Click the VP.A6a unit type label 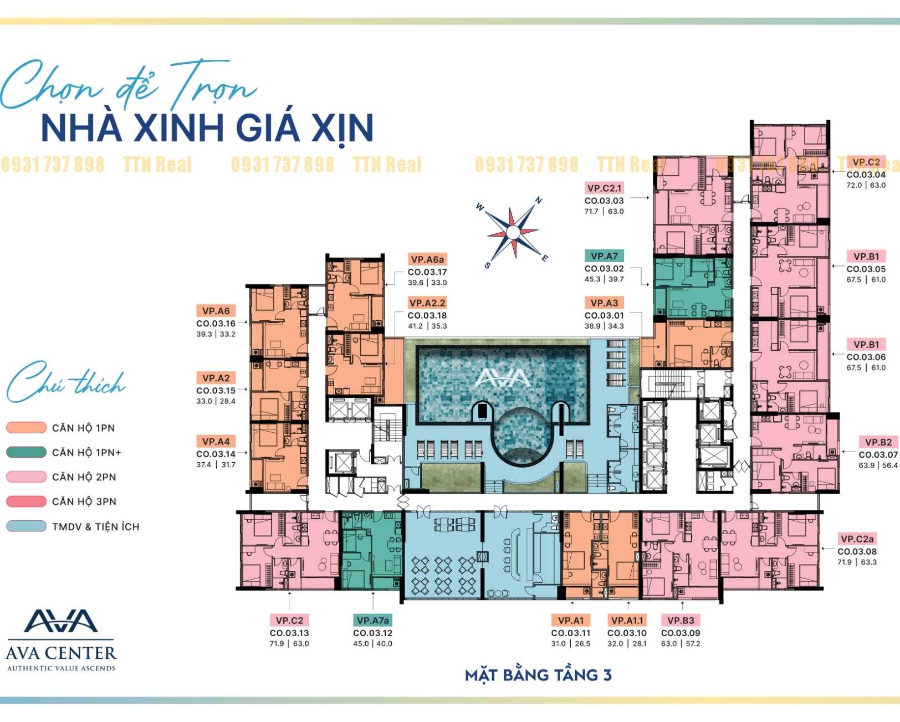[x=427, y=259]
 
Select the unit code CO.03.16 [x=216, y=324]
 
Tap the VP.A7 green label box [x=604, y=255]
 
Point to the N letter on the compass [x=539, y=201]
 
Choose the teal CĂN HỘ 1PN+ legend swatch [x=26, y=452]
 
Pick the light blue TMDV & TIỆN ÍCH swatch [x=26, y=526]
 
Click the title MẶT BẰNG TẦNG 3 [x=539, y=675]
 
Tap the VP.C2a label [x=857, y=539]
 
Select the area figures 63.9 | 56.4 [x=878, y=465]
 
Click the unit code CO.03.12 [x=372, y=633]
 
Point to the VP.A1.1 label [x=627, y=621]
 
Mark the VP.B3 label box [x=681, y=621]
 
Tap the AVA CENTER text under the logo [x=61, y=653]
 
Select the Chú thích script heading [x=65, y=381]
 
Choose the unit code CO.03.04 [x=866, y=175]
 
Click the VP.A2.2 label [x=427, y=303]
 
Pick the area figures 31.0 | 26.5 [x=570, y=644]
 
